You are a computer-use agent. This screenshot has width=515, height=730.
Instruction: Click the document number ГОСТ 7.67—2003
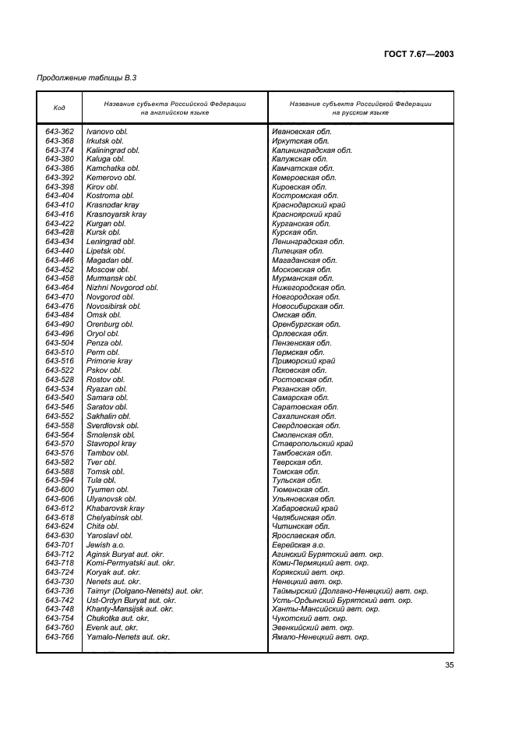tap(419, 54)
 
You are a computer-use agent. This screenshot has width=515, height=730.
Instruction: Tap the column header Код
tap(59, 108)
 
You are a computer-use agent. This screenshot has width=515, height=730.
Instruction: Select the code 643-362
tap(60, 132)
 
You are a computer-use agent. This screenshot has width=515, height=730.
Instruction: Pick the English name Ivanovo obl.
tap(107, 132)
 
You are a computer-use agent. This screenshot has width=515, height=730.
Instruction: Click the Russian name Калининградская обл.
tap(312, 150)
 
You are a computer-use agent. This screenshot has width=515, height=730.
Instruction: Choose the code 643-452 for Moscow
tap(60, 269)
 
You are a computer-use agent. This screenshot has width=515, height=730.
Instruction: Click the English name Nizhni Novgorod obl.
tap(122, 288)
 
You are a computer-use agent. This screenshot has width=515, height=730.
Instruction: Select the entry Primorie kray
tap(109, 361)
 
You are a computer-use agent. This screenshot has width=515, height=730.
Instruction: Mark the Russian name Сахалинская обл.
tap(305, 416)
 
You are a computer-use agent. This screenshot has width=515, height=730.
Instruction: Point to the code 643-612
tap(60, 508)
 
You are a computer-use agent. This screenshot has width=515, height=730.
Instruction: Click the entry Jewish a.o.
tap(107, 545)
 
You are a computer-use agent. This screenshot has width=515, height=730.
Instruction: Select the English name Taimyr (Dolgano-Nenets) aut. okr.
tap(144, 591)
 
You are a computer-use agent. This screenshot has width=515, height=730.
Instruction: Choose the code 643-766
tap(60, 636)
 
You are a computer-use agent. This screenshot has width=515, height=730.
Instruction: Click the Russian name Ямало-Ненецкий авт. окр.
tap(320, 636)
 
